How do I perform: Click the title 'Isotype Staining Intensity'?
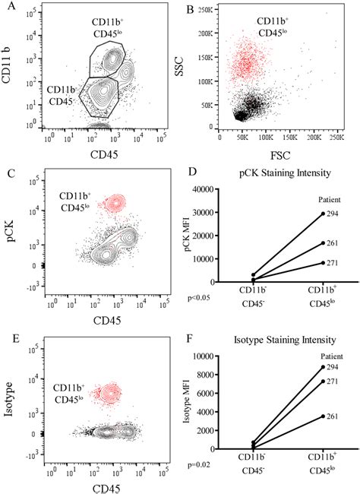click(x=286, y=340)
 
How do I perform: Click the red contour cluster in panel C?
click(x=115, y=202)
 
